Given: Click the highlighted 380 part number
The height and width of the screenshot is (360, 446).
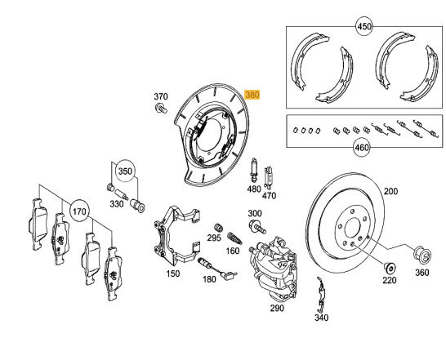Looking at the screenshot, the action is (x=252, y=95).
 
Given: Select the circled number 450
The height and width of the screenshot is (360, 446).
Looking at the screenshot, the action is (x=364, y=26).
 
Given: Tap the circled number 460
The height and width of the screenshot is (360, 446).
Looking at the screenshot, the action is (x=362, y=148).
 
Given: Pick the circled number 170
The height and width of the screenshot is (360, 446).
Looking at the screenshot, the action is (x=79, y=211).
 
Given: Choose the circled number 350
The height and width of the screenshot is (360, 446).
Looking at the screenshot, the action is (x=125, y=171).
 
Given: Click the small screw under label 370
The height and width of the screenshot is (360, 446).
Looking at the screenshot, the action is (x=161, y=109).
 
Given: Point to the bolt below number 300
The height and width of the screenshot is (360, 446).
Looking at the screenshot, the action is (x=257, y=226).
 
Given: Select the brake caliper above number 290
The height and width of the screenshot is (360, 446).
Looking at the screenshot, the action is (x=273, y=269).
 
